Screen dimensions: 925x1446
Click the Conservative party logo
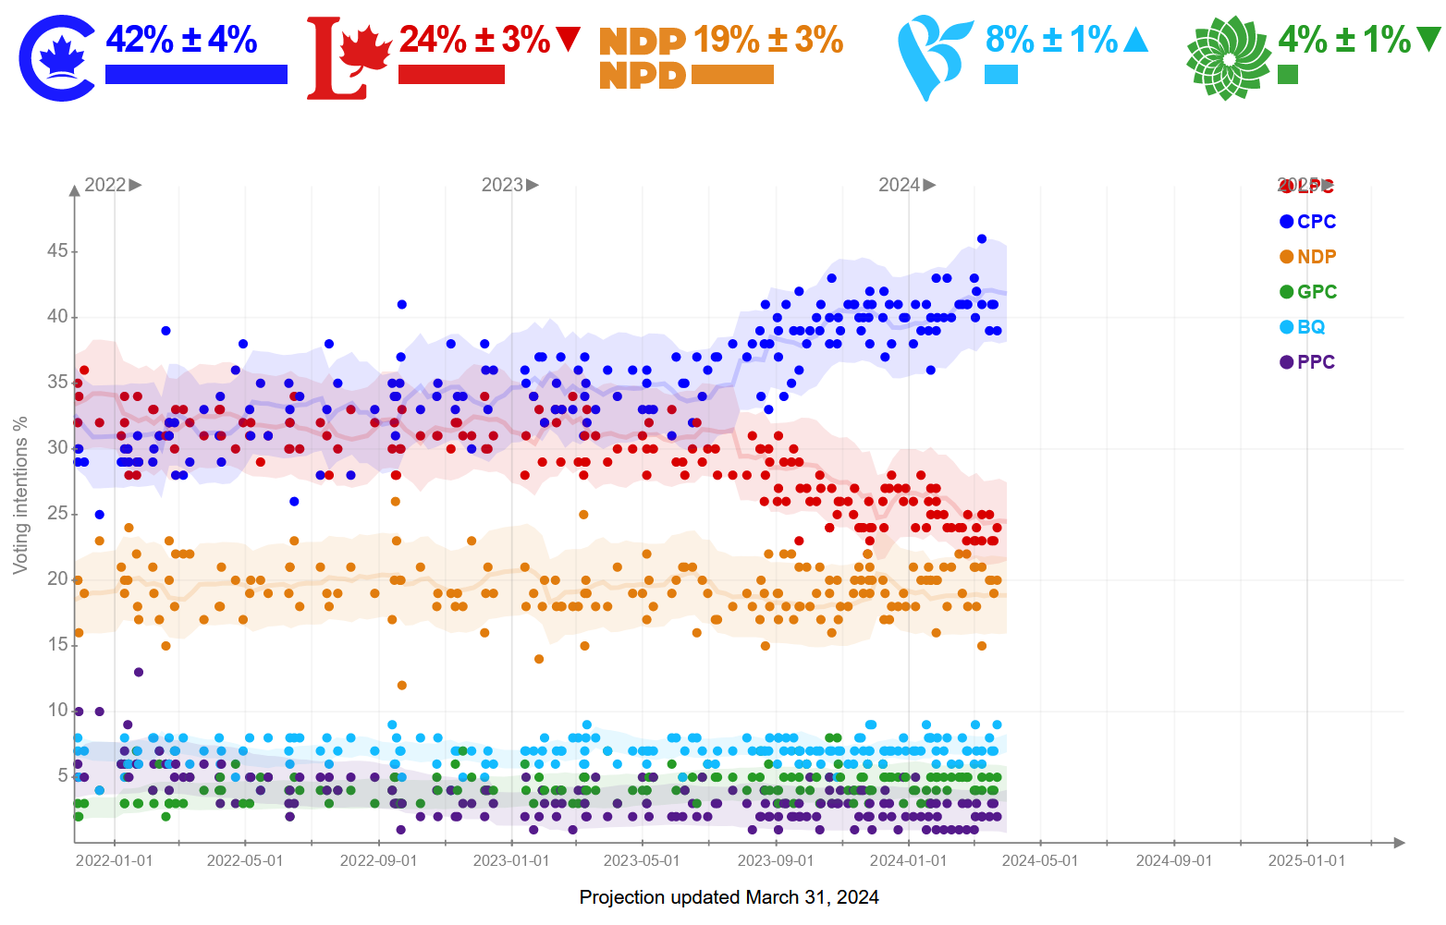(57, 58)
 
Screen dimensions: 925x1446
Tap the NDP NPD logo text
(642, 58)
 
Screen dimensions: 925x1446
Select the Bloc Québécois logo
(934, 58)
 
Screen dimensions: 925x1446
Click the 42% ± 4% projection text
(181, 40)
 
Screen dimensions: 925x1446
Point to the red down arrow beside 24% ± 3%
(568, 40)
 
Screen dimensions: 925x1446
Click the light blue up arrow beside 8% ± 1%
(1135, 40)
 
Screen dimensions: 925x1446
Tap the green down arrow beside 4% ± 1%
(1428, 39)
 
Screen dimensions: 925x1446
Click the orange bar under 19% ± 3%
(732, 75)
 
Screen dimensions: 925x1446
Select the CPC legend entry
(1307, 222)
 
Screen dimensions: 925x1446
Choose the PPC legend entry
(1307, 362)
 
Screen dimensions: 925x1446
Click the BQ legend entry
(1303, 327)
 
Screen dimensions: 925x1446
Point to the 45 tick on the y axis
(57, 250)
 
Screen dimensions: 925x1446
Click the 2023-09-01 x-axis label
(776, 861)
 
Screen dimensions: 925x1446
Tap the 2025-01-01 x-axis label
(1306, 861)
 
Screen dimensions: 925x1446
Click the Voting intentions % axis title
(20, 495)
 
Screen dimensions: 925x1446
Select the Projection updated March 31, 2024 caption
(729, 897)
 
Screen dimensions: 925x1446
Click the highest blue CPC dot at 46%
(982, 239)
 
